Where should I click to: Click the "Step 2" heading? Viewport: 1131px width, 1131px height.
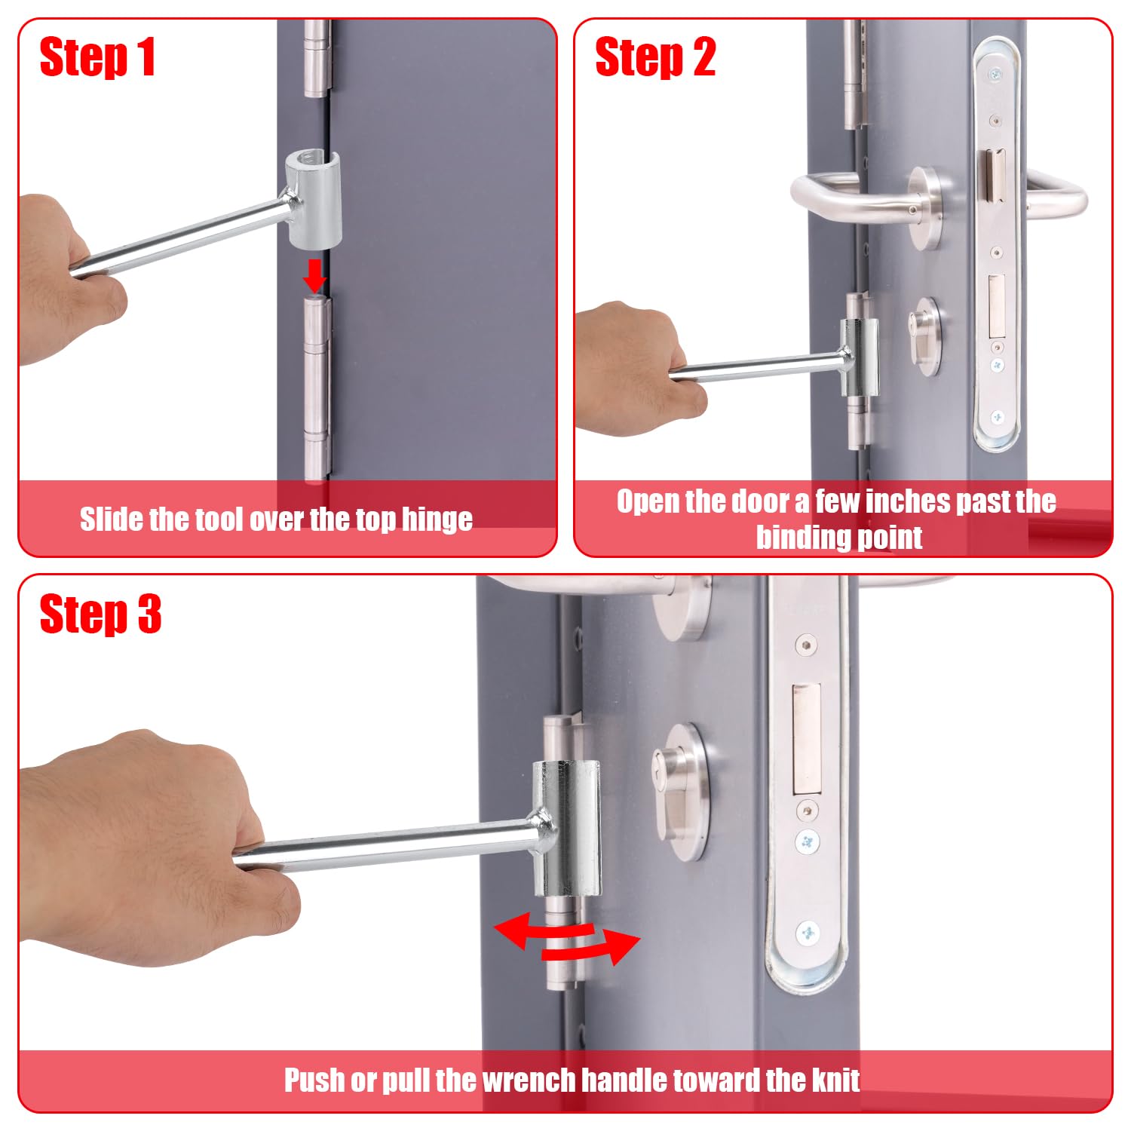point(654,57)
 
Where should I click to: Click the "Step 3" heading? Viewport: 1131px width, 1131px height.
point(100,614)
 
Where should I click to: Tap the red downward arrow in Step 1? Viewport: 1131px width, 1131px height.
point(314,276)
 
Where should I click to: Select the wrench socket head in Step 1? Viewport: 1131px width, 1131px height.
point(313,198)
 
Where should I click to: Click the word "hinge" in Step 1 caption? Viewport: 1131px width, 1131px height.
point(437,520)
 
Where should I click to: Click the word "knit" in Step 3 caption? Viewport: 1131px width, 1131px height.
point(835,1080)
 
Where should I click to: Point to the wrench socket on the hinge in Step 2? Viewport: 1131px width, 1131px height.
point(860,357)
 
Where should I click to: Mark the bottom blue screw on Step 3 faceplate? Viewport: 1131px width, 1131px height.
point(808,933)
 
